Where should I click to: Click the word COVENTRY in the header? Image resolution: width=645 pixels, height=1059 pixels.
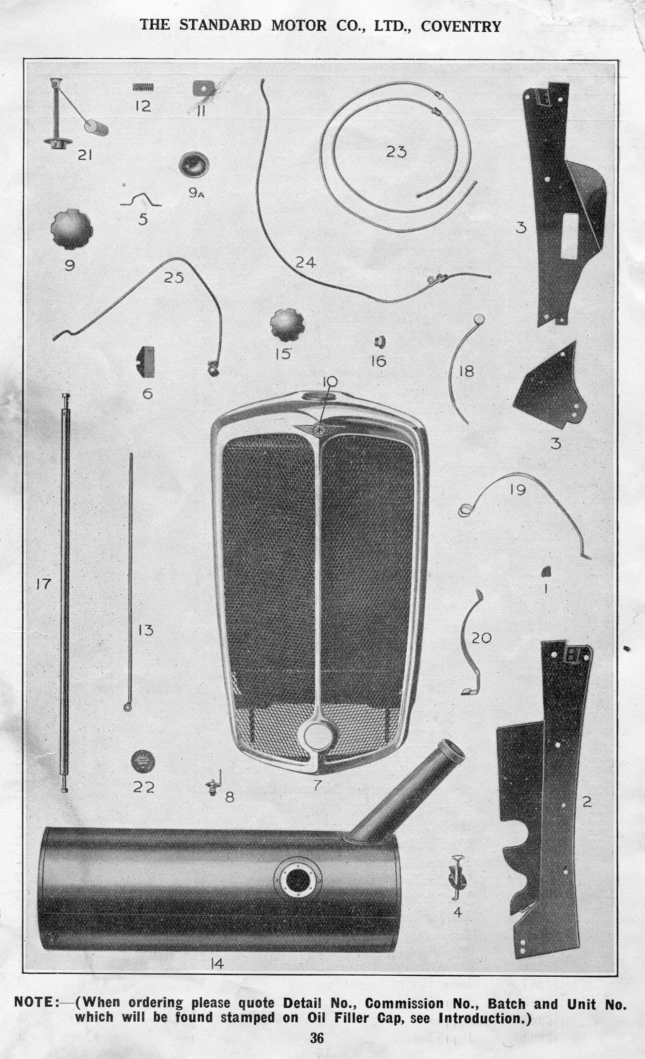coord(461,27)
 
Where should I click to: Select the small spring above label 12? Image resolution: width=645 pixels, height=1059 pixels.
coord(143,87)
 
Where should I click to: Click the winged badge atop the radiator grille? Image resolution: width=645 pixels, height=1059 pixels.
coord(319,428)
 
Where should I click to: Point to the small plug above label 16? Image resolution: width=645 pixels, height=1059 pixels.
coord(380,342)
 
